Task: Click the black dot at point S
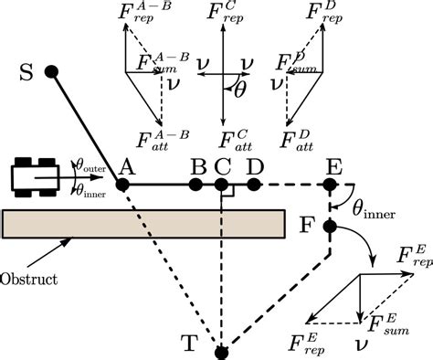point(52,71)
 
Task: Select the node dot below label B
point(195,185)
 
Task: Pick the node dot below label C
point(221,185)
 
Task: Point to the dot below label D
point(254,185)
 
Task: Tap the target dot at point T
point(220,351)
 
